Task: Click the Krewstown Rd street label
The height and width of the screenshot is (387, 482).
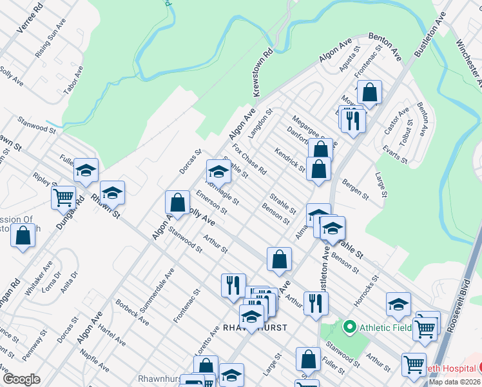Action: (x=264, y=72)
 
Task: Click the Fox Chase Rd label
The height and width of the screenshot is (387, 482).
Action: (x=249, y=159)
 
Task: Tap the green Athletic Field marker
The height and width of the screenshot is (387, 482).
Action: (x=349, y=327)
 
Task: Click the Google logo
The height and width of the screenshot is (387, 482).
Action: (x=21, y=379)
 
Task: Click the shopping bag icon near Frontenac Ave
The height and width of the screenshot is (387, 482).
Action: (x=370, y=92)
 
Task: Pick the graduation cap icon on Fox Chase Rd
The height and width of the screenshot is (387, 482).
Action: (x=218, y=172)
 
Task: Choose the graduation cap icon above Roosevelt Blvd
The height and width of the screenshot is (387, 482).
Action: (x=398, y=304)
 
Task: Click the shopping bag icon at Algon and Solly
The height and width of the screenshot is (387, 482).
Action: (x=177, y=203)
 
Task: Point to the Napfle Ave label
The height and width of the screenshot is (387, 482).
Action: (x=95, y=361)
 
